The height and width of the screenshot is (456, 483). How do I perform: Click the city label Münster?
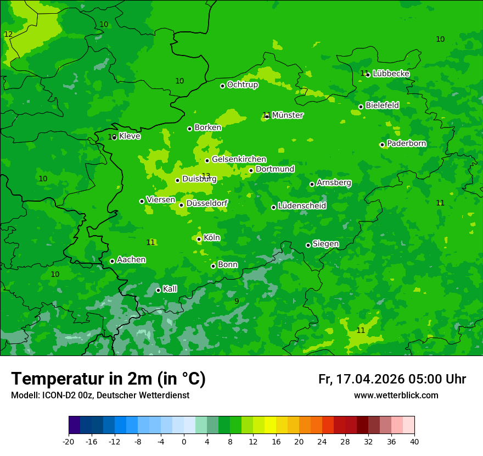click(288, 115)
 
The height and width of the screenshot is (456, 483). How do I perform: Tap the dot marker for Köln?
click(199, 239)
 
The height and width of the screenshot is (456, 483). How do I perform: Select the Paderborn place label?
click(407, 143)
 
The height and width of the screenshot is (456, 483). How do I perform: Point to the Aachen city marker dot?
click(112, 261)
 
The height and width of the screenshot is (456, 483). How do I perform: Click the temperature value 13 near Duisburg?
click(206, 176)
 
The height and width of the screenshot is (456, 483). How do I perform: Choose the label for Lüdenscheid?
click(302, 206)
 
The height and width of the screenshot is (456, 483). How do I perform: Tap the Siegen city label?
click(325, 244)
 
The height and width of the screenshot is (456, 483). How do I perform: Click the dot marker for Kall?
click(158, 290)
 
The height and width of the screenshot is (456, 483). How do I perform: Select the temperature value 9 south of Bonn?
click(237, 301)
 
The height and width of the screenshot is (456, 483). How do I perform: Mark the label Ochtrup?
click(243, 85)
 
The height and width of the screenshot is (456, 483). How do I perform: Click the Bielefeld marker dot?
click(361, 107)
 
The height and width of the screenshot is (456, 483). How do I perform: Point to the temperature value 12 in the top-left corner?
click(8, 34)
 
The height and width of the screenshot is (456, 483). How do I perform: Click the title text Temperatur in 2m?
click(108, 379)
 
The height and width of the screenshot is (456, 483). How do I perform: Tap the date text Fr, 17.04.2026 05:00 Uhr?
click(392, 379)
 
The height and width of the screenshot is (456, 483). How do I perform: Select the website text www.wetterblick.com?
click(396, 396)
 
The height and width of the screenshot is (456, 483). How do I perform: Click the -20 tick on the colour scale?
click(69, 441)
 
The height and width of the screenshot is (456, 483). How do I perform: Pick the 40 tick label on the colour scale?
click(414, 441)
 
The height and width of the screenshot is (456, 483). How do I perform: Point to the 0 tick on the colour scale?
click(184, 441)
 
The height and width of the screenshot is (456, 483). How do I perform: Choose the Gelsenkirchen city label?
click(239, 159)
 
